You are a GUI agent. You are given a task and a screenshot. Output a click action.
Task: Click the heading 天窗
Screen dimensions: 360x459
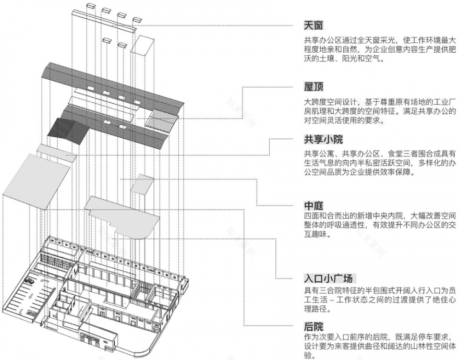coord(314,25)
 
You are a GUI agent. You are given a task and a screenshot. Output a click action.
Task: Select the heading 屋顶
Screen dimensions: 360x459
coord(314,86)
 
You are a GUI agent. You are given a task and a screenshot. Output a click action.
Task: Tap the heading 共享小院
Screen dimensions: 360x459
coord(323,140)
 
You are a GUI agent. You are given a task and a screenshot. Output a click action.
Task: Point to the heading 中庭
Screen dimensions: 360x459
coord(314,206)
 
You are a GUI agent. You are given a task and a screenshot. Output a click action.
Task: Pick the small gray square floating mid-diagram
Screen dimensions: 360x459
coord(141,183)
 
